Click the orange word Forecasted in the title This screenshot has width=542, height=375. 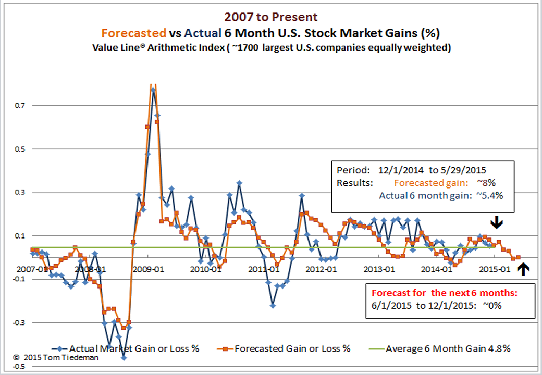[133, 33]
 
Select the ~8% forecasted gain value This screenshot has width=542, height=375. [488, 183]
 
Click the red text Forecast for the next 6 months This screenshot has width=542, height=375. [444, 293]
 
